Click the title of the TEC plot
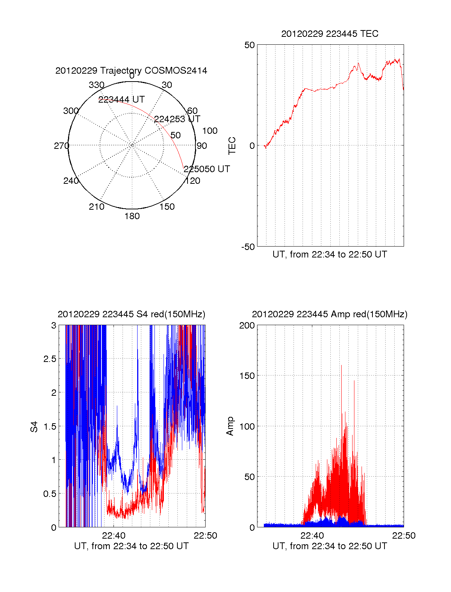tap(330, 34)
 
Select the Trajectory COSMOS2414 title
tap(131, 71)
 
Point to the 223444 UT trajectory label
tap(121, 100)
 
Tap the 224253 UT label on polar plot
tap(177, 119)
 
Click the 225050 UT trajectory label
tap(207, 169)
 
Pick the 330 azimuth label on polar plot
tap(96, 85)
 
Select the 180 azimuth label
tap(132, 216)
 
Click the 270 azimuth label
tap(61, 146)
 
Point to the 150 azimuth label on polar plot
tap(167, 207)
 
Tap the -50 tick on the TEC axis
tap(248, 247)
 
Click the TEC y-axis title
tap(232, 145)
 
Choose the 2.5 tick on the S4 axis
tap(50, 359)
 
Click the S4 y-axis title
tap(34, 427)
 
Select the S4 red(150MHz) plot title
tap(131, 314)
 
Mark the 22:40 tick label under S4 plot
tap(114, 536)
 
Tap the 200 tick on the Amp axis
tap(247, 326)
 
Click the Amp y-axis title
tap(230, 426)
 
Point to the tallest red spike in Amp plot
tap(341, 366)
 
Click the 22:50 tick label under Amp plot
tap(404, 536)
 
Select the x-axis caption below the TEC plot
tap(330, 254)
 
